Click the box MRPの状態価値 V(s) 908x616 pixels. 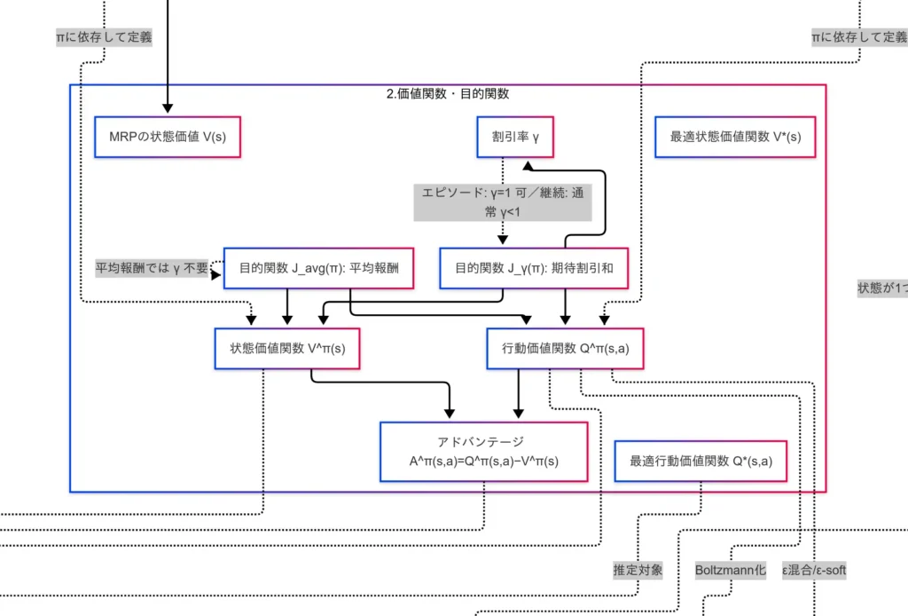pos(168,138)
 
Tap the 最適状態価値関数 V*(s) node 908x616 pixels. pos(735,138)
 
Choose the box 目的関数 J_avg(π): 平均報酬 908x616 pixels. pos(319,268)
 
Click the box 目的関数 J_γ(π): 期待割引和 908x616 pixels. pos(534,268)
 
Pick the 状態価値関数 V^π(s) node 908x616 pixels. pos(287,348)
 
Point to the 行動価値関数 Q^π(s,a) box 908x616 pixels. pos(566,348)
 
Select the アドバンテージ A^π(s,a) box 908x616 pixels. pos(484,452)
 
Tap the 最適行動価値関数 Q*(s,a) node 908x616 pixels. pos(701,461)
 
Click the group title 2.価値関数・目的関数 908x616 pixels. pos(448,94)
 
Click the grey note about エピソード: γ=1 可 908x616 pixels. pos(503,201)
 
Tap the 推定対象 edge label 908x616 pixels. pos(638,571)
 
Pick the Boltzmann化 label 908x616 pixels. pos(730,571)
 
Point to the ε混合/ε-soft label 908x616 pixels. pos(814,571)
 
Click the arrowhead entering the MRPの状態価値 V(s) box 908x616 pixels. pos(168,111)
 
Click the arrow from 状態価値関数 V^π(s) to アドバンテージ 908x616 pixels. pos(381,383)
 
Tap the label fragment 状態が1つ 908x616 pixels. pos(882,288)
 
